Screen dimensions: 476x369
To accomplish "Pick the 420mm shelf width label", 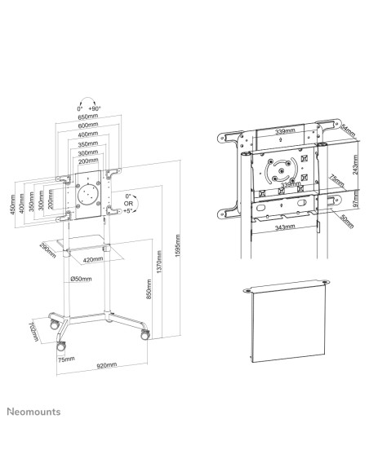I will point(92,259).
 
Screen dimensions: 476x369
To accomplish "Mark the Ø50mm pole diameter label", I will point(82,280).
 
